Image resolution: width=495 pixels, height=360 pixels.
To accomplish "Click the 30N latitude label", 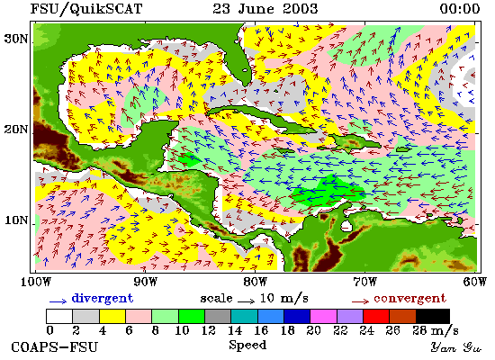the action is [x=15, y=40].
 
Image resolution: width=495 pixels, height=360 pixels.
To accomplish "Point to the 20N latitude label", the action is [x=15, y=130].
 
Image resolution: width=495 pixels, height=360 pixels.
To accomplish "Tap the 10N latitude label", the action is [x=16, y=220].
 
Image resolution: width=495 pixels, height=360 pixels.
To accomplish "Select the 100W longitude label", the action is [x=36, y=282].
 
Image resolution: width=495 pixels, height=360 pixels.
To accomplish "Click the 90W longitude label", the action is [x=145, y=282].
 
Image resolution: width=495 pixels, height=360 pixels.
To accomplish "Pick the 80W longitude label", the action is [x=256, y=282].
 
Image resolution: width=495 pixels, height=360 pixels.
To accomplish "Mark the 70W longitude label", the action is [x=364, y=282].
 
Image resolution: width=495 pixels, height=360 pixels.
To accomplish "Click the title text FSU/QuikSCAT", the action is [x=86, y=8].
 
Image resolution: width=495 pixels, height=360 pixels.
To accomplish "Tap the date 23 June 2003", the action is [x=265, y=8].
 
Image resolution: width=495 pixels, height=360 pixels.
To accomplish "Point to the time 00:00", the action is [x=460, y=8].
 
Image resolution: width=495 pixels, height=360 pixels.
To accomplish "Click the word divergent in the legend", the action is [x=103, y=299].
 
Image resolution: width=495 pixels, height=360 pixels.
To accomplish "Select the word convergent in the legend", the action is [x=410, y=299].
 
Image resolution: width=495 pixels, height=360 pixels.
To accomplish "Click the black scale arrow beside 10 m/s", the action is [x=246, y=301].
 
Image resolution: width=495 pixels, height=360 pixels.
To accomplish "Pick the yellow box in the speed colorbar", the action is [x=112, y=316].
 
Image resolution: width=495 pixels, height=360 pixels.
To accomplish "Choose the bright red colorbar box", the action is [x=376, y=316].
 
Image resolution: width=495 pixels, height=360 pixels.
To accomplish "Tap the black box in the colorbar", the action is [x=433, y=316].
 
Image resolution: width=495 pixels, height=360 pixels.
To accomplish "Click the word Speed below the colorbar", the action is [x=247, y=345].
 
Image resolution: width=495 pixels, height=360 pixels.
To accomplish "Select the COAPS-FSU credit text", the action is [x=55, y=347].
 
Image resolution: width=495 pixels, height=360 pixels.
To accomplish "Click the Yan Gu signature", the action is [x=456, y=347].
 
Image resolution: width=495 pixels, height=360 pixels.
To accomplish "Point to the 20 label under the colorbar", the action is [x=313, y=330].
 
